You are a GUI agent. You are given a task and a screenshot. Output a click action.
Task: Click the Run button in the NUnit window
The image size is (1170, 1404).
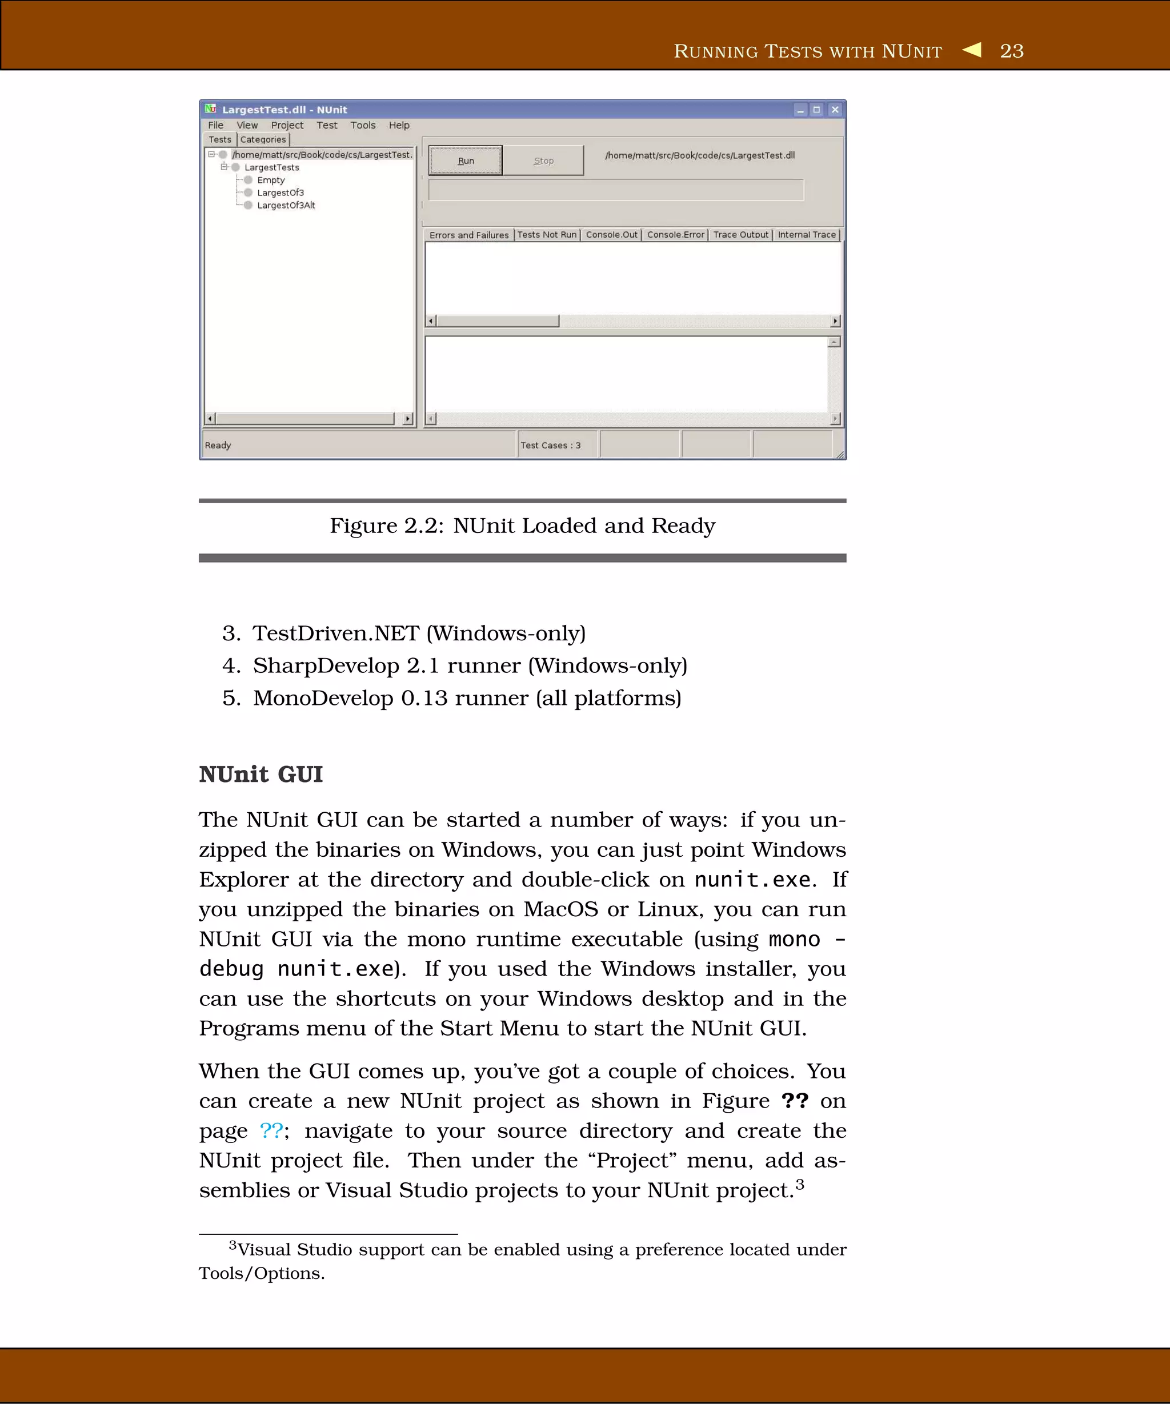(466, 161)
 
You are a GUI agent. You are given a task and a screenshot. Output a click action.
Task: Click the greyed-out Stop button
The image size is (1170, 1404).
(543, 161)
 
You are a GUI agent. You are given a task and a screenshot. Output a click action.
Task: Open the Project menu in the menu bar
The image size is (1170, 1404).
(287, 125)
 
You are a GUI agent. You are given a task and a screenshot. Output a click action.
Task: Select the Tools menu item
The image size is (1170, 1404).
(362, 125)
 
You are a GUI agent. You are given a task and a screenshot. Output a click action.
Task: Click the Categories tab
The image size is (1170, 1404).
(263, 139)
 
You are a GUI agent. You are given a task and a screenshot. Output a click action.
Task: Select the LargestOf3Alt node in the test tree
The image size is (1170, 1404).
(286, 205)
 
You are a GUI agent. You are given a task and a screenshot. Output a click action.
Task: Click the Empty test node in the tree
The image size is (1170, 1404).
(271, 180)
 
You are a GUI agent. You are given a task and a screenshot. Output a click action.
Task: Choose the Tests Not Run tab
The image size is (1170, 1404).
(546, 235)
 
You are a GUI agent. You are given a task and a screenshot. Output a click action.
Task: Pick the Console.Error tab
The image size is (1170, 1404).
(675, 235)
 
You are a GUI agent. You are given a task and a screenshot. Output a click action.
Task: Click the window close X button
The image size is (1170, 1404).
(835, 110)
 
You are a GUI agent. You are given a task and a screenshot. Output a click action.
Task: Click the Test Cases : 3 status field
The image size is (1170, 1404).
(550, 446)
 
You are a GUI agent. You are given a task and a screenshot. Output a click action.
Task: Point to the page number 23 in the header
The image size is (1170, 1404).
(1012, 51)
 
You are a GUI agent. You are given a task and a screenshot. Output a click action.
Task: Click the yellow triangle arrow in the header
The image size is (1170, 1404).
(973, 50)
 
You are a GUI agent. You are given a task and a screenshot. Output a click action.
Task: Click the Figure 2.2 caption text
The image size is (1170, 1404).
(522, 526)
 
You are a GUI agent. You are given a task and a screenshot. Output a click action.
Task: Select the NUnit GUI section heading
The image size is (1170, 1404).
(261, 774)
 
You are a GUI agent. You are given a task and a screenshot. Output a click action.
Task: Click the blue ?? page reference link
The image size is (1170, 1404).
(271, 1130)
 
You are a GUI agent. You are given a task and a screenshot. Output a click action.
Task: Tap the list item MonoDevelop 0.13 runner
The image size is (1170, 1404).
(466, 698)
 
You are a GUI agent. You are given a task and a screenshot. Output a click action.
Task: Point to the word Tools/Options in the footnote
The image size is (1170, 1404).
(261, 1273)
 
